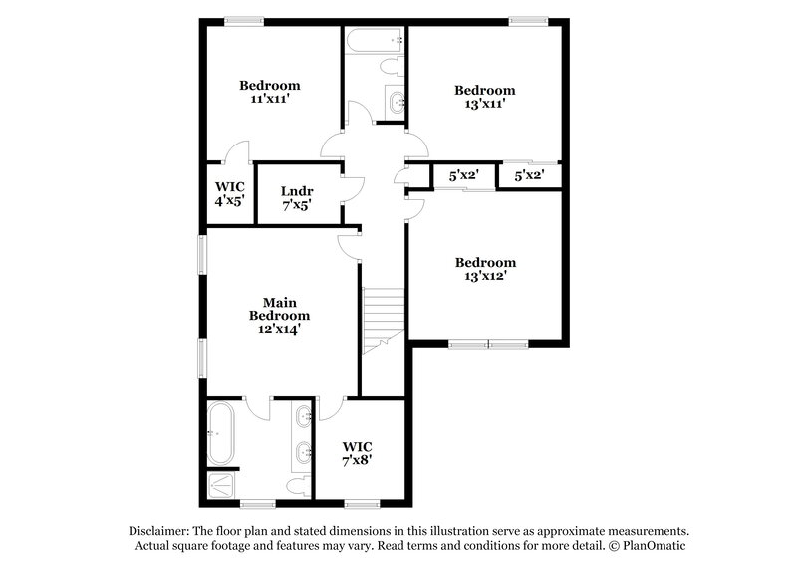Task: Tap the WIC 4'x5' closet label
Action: click(x=229, y=192)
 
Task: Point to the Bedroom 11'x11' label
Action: click(x=270, y=92)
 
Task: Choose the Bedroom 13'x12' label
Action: click(x=485, y=269)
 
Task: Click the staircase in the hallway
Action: click(x=384, y=319)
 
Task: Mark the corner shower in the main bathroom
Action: click(x=219, y=484)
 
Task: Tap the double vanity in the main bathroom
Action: click(x=303, y=435)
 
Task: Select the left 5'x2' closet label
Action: click(x=464, y=175)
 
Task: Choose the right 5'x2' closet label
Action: click(x=529, y=175)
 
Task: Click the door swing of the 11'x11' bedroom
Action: click(x=235, y=151)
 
